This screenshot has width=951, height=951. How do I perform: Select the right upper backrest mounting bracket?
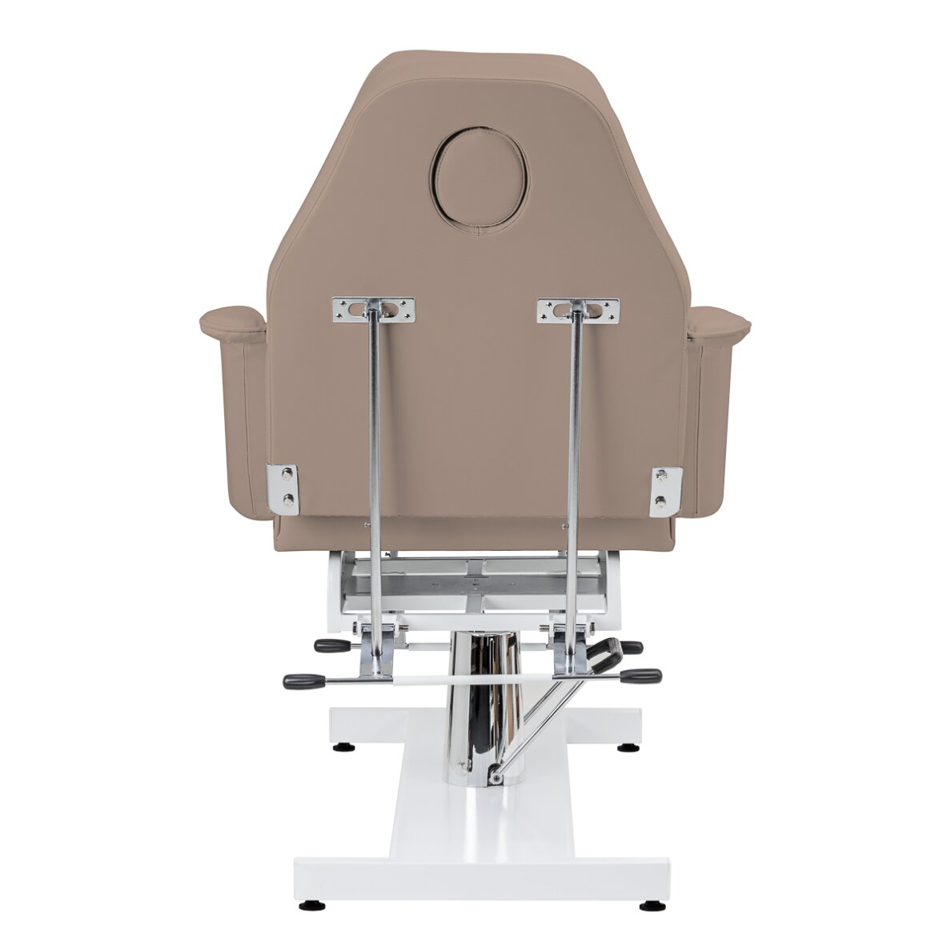[578, 311]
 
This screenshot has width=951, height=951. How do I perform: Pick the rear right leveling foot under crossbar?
[622, 748]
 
